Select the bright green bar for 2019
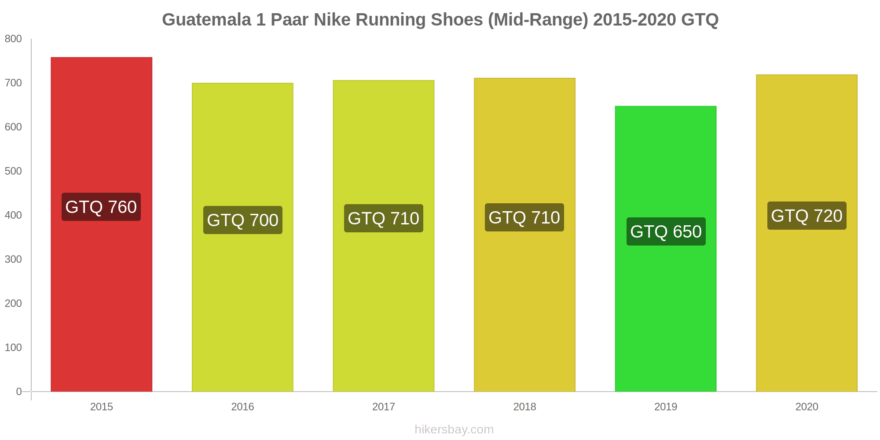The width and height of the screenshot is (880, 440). (665, 308)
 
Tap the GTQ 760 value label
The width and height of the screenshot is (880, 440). (101, 207)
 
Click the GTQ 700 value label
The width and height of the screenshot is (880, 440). (242, 220)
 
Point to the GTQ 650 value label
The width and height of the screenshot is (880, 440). (666, 231)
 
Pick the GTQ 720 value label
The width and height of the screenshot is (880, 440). (807, 216)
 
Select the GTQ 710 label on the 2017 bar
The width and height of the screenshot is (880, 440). (383, 218)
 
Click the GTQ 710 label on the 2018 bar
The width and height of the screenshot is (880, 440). (524, 217)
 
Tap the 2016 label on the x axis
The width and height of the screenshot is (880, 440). (242, 407)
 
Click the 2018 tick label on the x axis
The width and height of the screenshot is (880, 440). (524, 407)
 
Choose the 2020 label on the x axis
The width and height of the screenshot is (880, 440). (807, 407)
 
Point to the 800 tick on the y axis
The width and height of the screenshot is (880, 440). (13, 39)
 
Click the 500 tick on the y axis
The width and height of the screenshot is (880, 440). (13, 171)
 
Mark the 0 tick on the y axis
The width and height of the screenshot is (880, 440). (18, 392)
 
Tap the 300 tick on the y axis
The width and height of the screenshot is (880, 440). (13, 259)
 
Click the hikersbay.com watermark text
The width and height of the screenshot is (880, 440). (454, 429)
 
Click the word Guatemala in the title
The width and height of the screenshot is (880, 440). (206, 20)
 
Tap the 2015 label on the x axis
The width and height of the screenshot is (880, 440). (102, 407)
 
